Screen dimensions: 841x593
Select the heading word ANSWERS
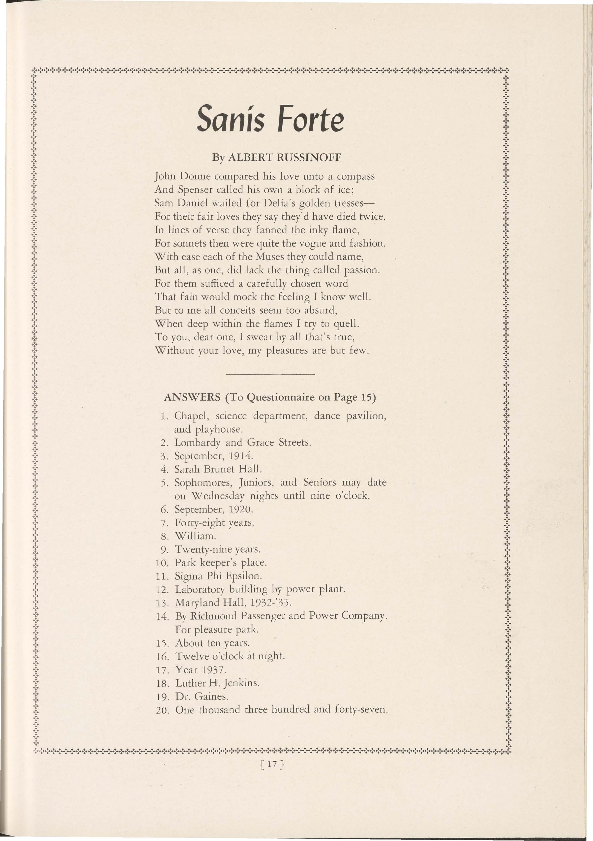tap(192, 397)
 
